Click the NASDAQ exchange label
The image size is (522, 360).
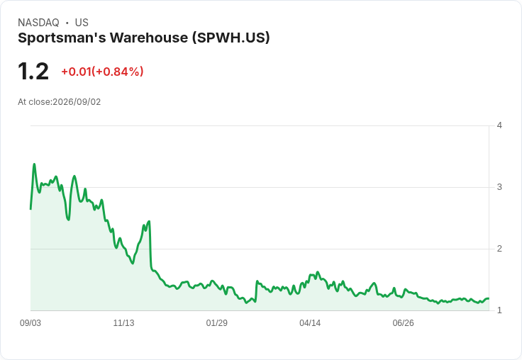coord(38,23)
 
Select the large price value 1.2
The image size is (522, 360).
coord(33,72)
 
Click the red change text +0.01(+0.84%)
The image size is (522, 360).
coord(102,72)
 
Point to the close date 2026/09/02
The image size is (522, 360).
coord(77,102)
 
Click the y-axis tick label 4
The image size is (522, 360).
coord(499,125)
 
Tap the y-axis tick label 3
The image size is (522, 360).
coord(499,187)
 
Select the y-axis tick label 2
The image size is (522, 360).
coord(499,249)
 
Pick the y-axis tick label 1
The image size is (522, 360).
coord(499,310)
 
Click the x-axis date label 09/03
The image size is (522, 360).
coord(30,323)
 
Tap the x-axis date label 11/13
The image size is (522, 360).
coord(123,323)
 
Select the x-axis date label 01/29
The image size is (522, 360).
coord(217,323)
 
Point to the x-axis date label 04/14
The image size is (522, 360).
coord(310,323)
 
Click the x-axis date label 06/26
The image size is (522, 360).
coord(403,323)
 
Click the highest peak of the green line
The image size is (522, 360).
coord(34,164)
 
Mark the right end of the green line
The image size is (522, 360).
coord(489,298)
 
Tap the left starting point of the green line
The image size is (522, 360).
coord(30,209)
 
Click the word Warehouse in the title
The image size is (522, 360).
coord(149,38)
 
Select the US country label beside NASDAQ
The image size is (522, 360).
coord(82,23)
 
